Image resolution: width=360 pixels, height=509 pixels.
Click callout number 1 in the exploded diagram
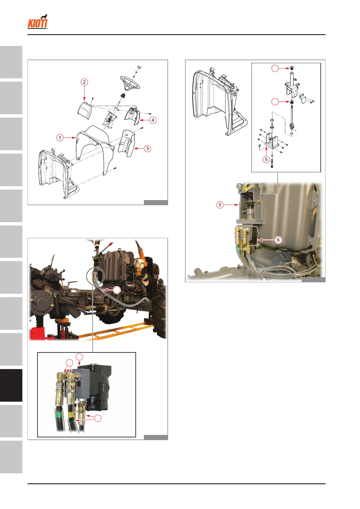click(60, 138)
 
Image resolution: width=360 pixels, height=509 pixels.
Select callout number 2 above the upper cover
click(84, 82)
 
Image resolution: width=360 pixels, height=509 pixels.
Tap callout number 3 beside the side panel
click(148, 149)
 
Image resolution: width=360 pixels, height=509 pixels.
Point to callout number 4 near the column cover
click(153, 120)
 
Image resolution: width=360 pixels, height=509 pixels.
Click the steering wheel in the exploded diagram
click(130, 83)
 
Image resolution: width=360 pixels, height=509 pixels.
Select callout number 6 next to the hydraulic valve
click(278, 240)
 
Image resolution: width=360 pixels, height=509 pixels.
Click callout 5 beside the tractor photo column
click(220, 205)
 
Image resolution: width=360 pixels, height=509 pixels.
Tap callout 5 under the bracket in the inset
click(266, 160)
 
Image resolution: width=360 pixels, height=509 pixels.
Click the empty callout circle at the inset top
click(275, 68)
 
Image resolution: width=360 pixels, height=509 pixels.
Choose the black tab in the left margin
click(11, 385)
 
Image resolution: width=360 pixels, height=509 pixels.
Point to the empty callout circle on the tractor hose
click(117, 290)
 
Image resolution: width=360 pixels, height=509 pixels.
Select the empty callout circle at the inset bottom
click(98, 418)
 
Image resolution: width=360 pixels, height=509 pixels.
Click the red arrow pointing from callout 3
click(139, 149)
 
